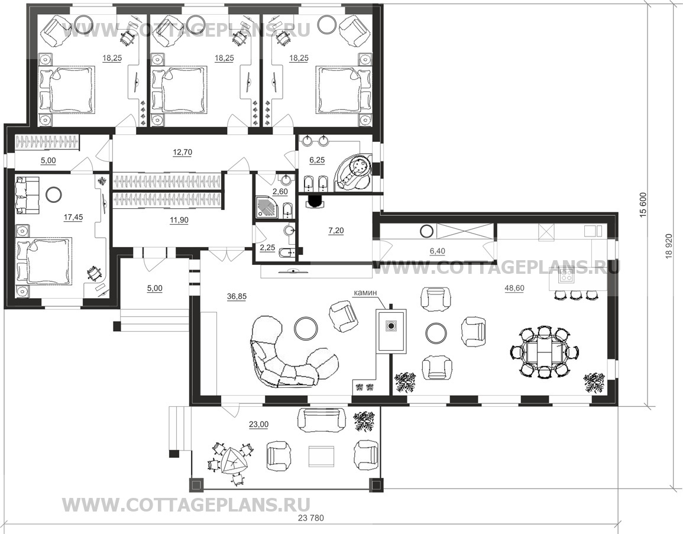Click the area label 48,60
pos(514,289)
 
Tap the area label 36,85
pos(237,297)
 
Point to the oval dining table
pos(544,351)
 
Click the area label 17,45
pos(73,217)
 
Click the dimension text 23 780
pos(311,518)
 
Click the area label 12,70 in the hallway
pos(183,152)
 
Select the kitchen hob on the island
pos(567,275)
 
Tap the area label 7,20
pos(336,231)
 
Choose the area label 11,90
pos(179,221)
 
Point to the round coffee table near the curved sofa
pos(306,328)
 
